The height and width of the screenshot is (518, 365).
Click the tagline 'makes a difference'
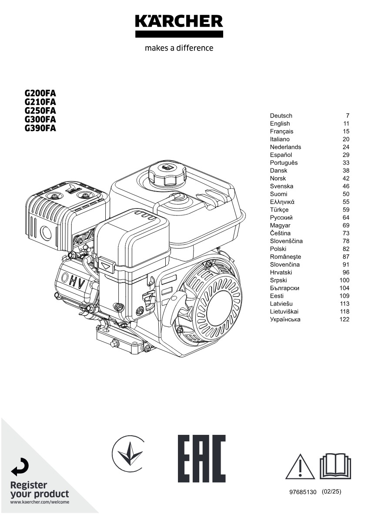pos(179,48)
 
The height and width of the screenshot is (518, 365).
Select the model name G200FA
pos(40,93)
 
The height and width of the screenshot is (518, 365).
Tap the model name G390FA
pos(40,128)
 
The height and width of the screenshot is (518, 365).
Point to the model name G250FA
pos(40,111)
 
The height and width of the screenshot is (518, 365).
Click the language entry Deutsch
pos(281,116)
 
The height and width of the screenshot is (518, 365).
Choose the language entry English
pos(280,124)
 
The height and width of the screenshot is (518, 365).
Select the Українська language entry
pos(285,320)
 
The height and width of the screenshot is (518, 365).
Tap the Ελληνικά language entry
pos(282,202)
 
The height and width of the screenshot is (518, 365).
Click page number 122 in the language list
pos(345,320)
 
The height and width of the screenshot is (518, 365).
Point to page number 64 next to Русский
pos(346,218)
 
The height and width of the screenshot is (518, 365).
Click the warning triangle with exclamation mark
pos(300,467)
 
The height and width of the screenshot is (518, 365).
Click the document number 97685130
pos(303,492)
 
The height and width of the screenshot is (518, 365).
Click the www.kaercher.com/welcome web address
pos(40,502)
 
